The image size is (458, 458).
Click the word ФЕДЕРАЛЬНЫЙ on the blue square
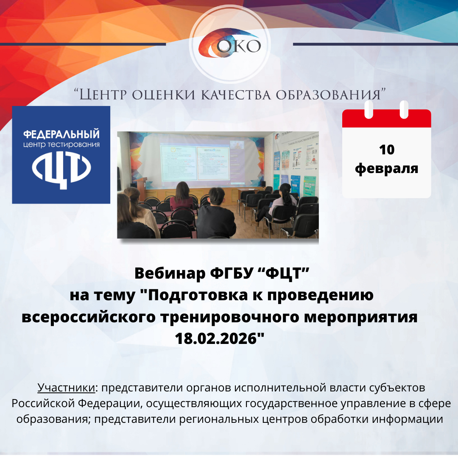click(61, 134)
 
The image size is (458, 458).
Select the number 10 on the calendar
click(386, 150)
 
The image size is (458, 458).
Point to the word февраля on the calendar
click(386, 168)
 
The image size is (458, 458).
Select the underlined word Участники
click(66, 388)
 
